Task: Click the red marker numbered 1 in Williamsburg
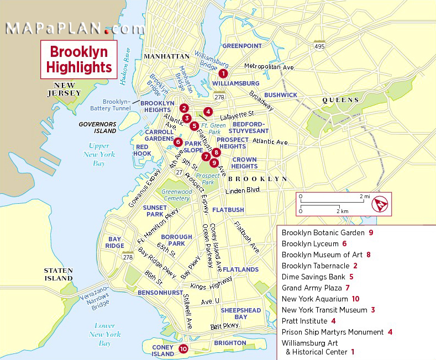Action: tap(223, 73)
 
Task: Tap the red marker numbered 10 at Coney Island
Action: tap(183, 348)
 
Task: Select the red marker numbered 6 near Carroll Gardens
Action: tap(177, 142)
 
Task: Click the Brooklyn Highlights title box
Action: tap(79, 60)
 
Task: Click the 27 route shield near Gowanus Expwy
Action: tap(179, 172)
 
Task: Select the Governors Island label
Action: tap(97, 128)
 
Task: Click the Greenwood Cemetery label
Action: tap(177, 195)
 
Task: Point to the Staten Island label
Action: tap(59, 274)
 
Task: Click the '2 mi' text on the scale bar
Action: tap(364, 196)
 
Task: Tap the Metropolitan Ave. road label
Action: tap(269, 67)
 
